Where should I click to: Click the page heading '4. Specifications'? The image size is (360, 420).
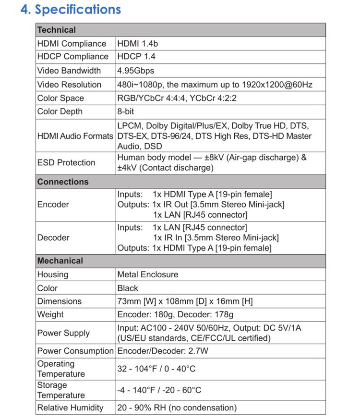click(x=71, y=10)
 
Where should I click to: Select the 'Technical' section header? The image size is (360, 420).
click(x=57, y=30)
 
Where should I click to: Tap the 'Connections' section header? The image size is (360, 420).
click(x=63, y=182)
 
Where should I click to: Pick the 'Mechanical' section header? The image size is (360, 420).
click(x=60, y=260)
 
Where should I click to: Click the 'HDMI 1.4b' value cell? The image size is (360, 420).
click(x=138, y=44)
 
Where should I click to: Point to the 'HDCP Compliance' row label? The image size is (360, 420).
click(x=73, y=57)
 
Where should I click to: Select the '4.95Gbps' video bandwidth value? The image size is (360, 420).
click(x=136, y=71)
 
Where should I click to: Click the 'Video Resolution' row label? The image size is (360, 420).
click(x=69, y=85)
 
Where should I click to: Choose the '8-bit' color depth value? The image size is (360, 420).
click(x=126, y=111)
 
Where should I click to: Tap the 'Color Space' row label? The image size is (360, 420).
click(x=60, y=98)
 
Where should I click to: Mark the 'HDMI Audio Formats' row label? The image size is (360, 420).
click(x=75, y=136)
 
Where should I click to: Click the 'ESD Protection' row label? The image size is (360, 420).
click(x=66, y=162)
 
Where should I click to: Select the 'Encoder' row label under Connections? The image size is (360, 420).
click(x=53, y=204)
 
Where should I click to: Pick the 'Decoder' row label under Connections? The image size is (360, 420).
click(x=53, y=237)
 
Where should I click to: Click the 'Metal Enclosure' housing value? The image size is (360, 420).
click(x=148, y=274)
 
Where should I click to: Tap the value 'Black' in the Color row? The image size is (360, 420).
click(x=128, y=288)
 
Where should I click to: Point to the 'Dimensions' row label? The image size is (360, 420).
click(x=60, y=301)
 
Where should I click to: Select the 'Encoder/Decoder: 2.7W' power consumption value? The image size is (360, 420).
click(x=163, y=351)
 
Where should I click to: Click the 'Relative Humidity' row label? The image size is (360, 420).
click(x=70, y=408)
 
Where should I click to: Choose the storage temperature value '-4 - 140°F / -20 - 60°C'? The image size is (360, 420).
click(x=159, y=390)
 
